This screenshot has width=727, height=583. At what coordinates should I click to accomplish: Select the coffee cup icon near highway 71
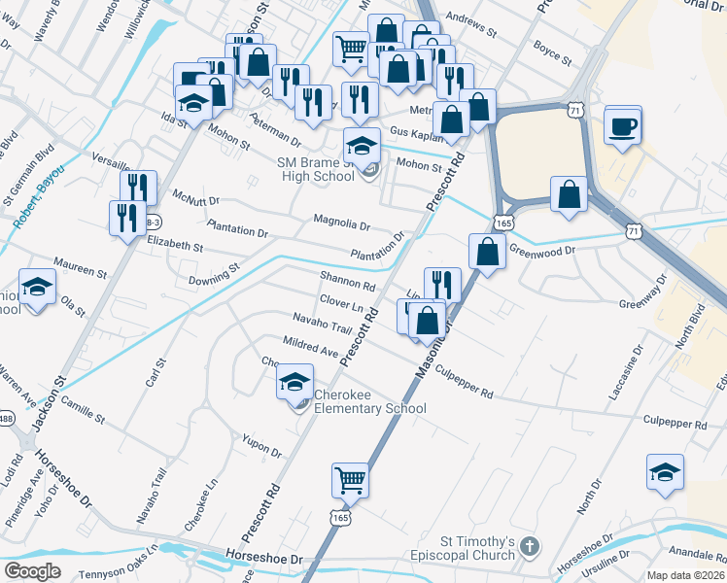[622, 125]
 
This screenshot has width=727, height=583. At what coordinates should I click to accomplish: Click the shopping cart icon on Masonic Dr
[349, 479]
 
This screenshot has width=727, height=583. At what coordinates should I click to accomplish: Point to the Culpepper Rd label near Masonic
[464, 383]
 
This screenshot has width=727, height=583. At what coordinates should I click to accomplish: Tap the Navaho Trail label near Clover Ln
[322, 325]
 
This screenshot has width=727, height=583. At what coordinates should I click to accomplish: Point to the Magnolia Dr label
[341, 223]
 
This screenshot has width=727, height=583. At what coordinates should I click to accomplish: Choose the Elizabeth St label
[174, 246]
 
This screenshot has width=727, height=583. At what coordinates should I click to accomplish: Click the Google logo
[32, 570]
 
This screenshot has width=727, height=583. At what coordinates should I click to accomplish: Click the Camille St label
[81, 408]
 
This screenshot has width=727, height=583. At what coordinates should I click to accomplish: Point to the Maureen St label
[80, 267]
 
